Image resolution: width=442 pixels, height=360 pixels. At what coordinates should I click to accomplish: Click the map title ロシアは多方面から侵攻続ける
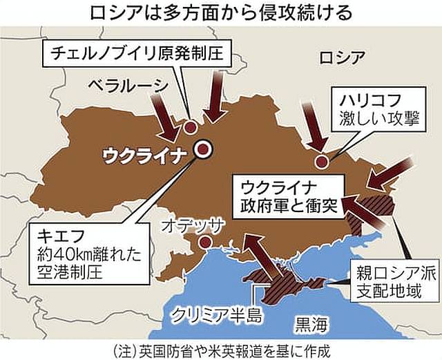pyautogui.click(x=220, y=13)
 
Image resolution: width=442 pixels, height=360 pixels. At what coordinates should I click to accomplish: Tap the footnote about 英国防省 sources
pyautogui.click(x=221, y=348)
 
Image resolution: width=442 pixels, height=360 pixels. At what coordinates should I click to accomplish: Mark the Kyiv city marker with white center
pyautogui.click(x=203, y=148)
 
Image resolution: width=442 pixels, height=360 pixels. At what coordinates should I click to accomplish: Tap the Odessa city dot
pyautogui.click(x=205, y=243)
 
